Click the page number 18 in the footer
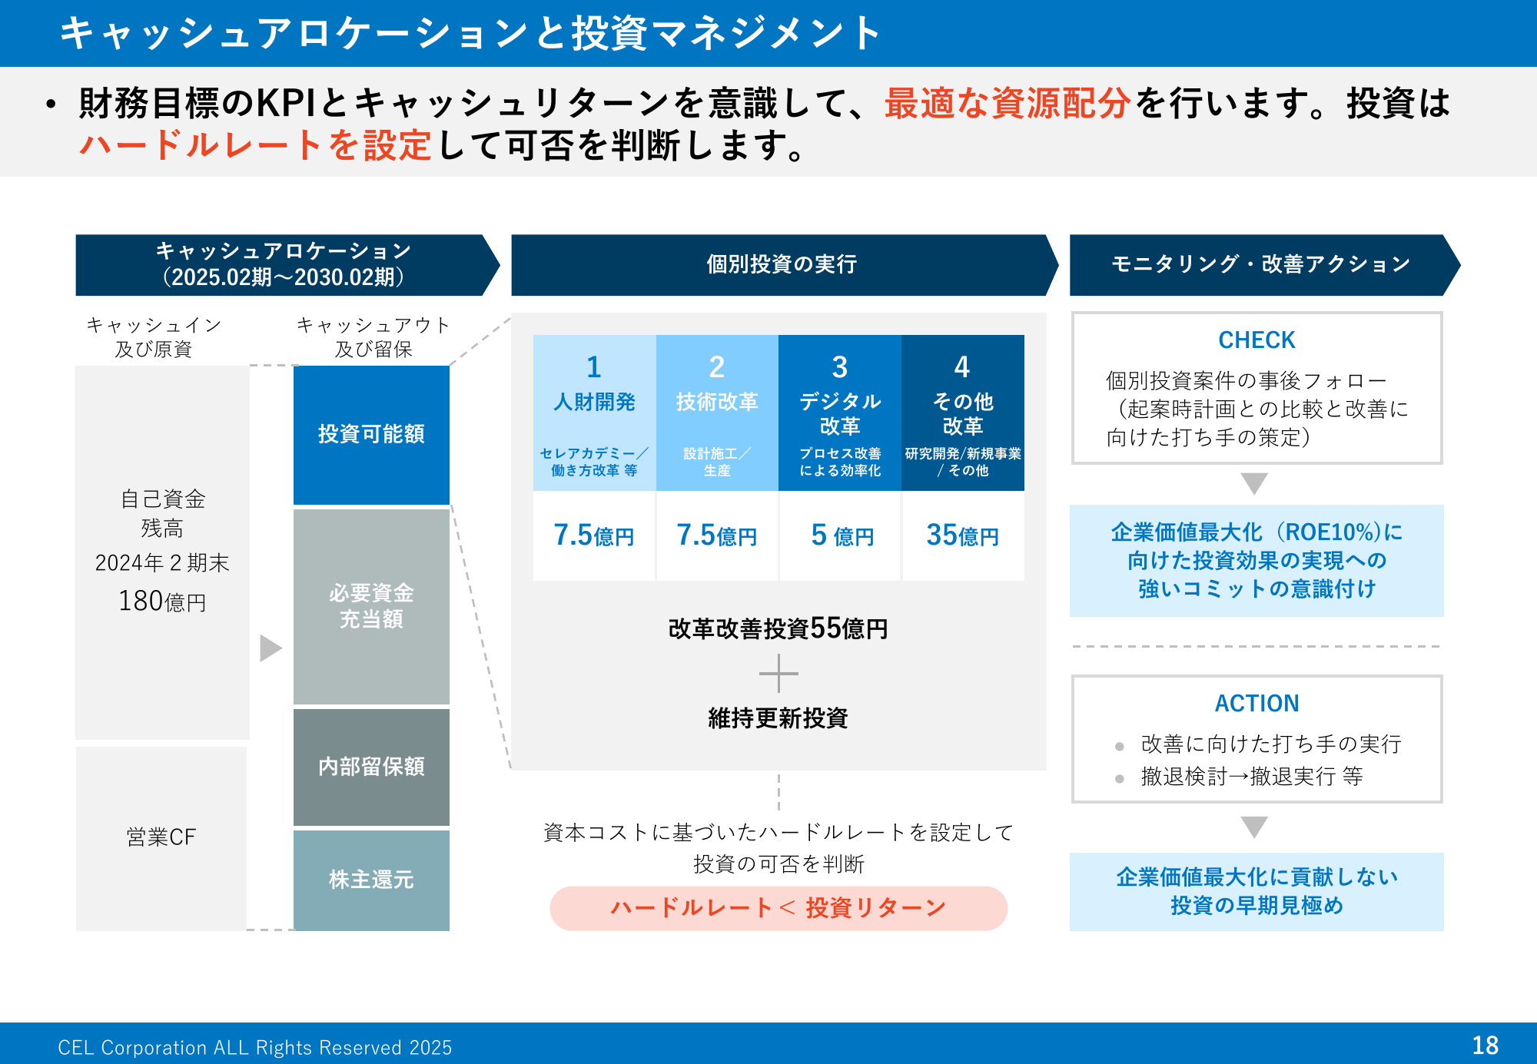tap(1485, 1046)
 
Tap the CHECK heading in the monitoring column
tap(1256, 340)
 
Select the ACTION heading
tap(1256, 703)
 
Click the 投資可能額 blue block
tap(371, 435)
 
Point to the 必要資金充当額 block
tap(371, 606)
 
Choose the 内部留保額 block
tap(371, 767)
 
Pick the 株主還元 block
tap(371, 880)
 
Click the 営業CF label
tap(161, 837)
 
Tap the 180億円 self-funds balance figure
tap(162, 601)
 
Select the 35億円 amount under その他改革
tap(962, 535)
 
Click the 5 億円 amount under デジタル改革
tap(842, 535)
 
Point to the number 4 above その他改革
tap(962, 367)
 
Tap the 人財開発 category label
tap(594, 402)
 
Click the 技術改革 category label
tap(717, 402)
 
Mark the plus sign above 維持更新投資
tap(778, 674)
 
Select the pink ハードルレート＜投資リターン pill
tap(778, 908)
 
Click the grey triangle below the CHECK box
tap(1254, 483)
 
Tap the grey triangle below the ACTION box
tap(1254, 827)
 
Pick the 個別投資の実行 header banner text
tap(782, 264)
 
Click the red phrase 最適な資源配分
tap(1007, 103)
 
